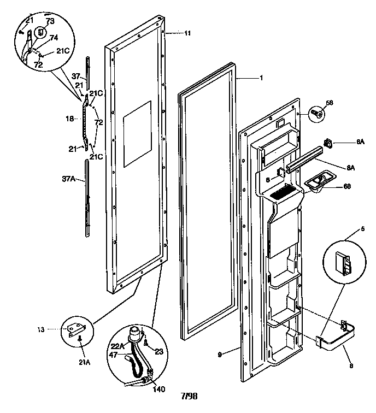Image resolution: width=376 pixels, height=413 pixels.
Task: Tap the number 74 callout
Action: pos(54,38)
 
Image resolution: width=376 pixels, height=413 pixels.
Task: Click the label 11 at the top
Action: pos(187,33)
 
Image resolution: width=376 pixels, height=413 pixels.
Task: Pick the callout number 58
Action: pos(330,102)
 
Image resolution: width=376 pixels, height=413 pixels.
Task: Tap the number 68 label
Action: pos(347,186)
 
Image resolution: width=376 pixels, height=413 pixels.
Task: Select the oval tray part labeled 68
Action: pos(316,182)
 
